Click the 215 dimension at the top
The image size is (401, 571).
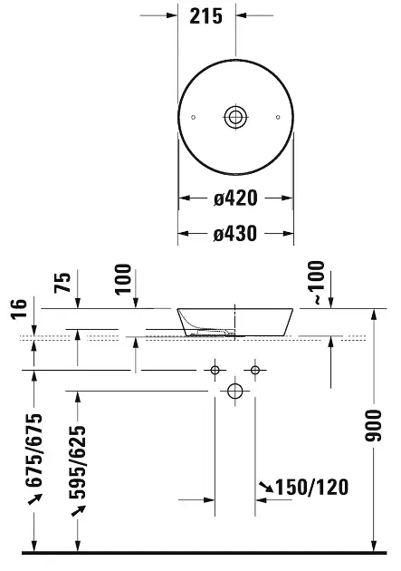pyautogui.click(x=205, y=16)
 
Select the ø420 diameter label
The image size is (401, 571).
pyautogui.click(x=235, y=198)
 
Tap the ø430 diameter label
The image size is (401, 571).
pyautogui.click(x=235, y=234)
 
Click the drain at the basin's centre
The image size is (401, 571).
pyautogui.click(x=235, y=117)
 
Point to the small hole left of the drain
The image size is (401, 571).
pyautogui.click(x=194, y=117)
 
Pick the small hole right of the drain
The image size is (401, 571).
pyautogui.click(x=278, y=117)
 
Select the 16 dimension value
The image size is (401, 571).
pyautogui.click(x=19, y=309)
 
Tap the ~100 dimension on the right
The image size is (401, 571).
pyautogui.click(x=316, y=282)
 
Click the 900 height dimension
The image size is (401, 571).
pyautogui.click(x=373, y=426)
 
